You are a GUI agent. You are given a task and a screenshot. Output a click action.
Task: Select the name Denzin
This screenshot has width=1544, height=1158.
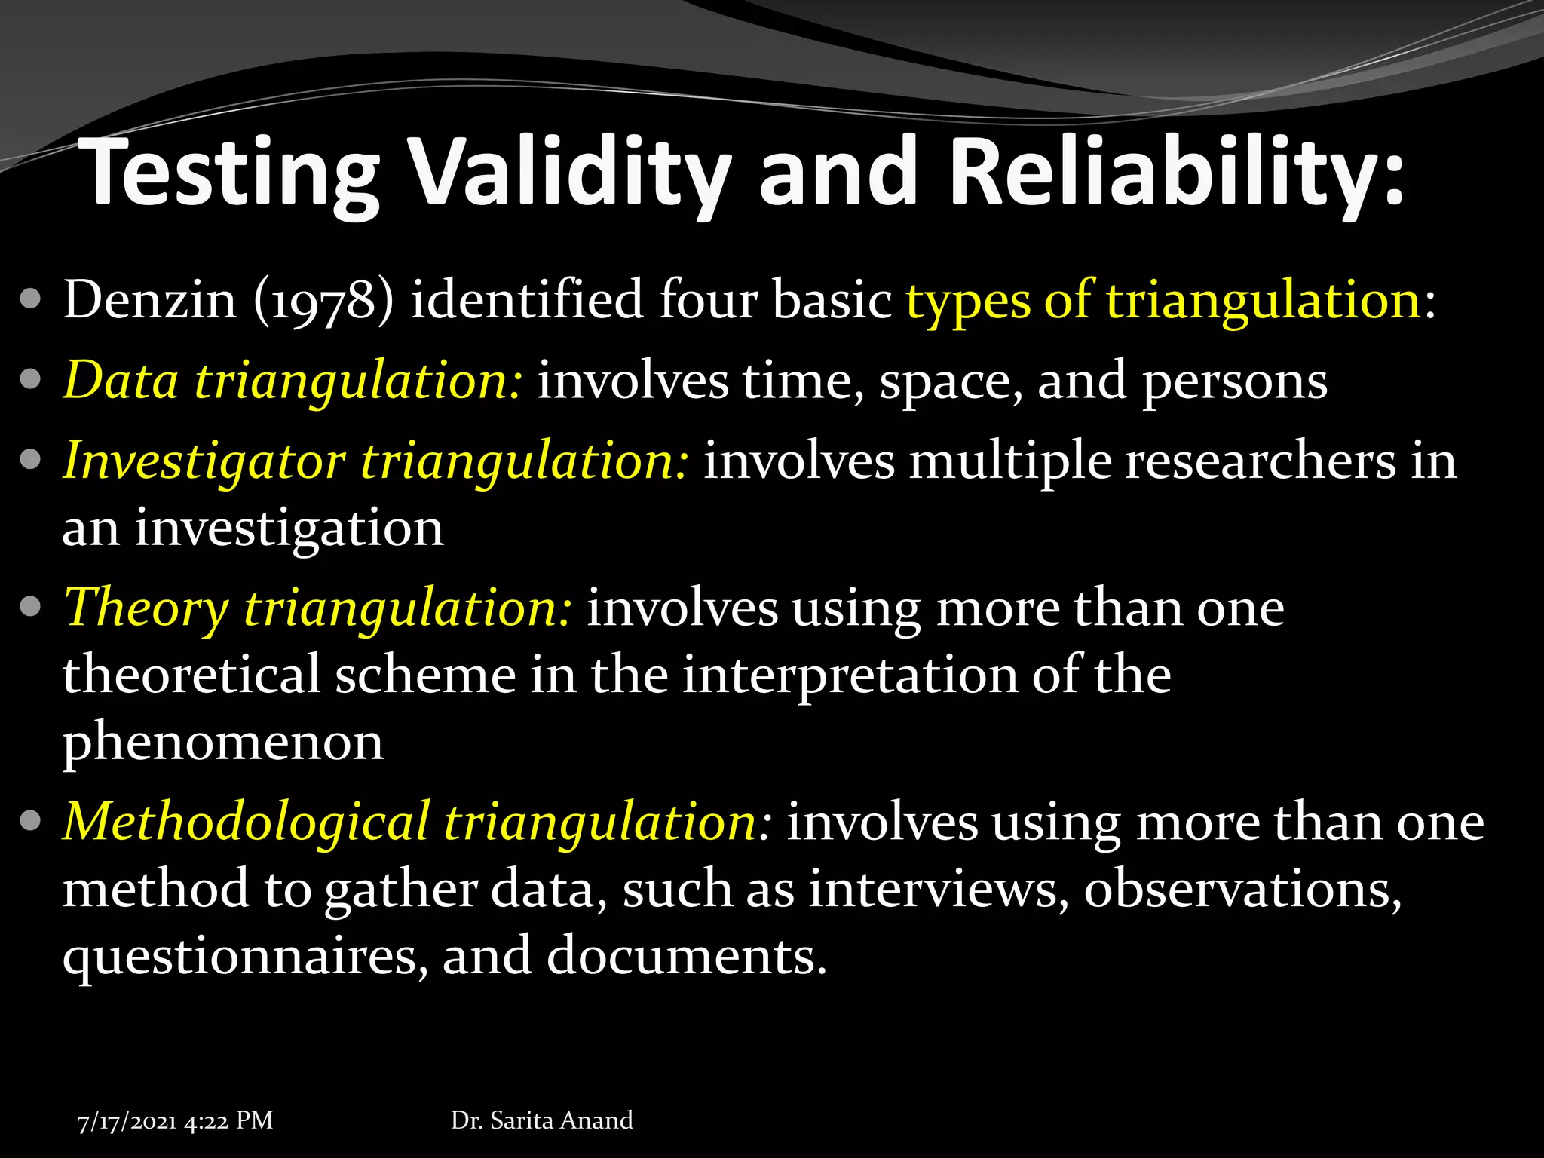pos(150,300)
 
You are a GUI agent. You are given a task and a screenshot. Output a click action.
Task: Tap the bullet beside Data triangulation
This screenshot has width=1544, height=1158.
pos(30,380)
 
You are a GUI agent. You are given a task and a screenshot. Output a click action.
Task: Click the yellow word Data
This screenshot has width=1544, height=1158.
pos(121,380)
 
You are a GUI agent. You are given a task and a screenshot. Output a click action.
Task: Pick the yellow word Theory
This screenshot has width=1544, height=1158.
pos(146,608)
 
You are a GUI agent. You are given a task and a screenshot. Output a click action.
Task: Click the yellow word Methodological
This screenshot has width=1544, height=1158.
pos(246,822)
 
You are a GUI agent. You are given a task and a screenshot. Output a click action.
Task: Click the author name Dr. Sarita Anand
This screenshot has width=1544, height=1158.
pos(541,1120)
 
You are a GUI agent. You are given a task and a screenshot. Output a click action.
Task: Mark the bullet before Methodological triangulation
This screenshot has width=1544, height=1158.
pos(30,821)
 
